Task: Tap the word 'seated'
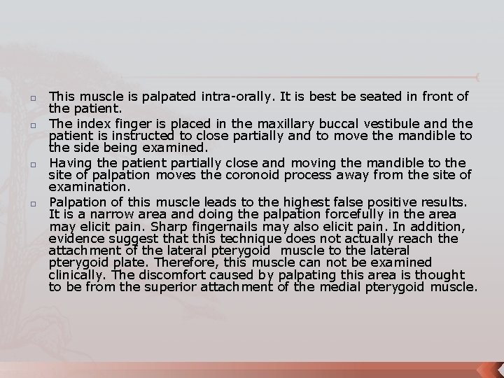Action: [369, 97]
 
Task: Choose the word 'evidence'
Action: [74, 238]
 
